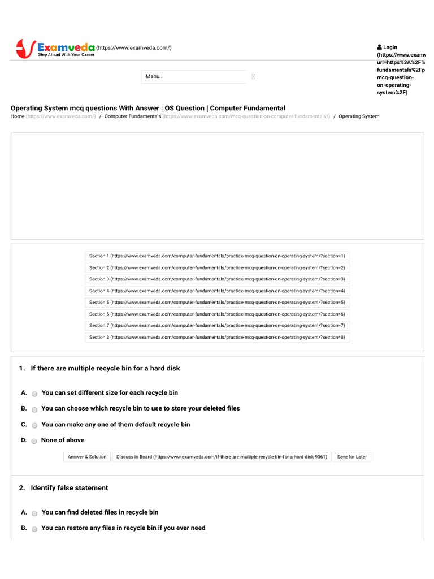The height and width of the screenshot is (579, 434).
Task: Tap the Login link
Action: (x=390, y=47)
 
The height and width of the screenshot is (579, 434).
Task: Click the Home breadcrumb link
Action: (x=18, y=116)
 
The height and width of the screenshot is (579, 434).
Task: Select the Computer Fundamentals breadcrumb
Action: (x=133, y=116)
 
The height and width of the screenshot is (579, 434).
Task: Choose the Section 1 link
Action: (x=217, y=256)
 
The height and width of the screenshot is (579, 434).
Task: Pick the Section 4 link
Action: (x=217, y=291)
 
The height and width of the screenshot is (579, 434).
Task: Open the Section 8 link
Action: (x=217, y=337)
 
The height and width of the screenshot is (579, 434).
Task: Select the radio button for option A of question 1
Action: (x=34, y=394)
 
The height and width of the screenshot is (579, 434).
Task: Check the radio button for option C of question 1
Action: (x=34, y=425)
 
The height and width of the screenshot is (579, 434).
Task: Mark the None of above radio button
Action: (x=34, y=441)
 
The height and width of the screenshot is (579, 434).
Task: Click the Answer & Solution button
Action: (x=87, y=457)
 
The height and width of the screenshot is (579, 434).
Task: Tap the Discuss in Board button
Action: (x=222, y=457)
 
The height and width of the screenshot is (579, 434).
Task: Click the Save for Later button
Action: (x=351, y=457)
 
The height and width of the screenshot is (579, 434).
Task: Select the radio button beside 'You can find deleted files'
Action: (x=34, y=513)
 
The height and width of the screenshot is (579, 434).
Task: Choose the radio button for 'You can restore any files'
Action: (x=34, y=529)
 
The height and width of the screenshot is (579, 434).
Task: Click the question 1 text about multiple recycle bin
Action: (x=105, y=368)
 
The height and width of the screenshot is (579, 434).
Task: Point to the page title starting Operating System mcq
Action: (x=148, y=108)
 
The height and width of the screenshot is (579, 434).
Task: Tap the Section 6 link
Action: (x=217, y=314)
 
